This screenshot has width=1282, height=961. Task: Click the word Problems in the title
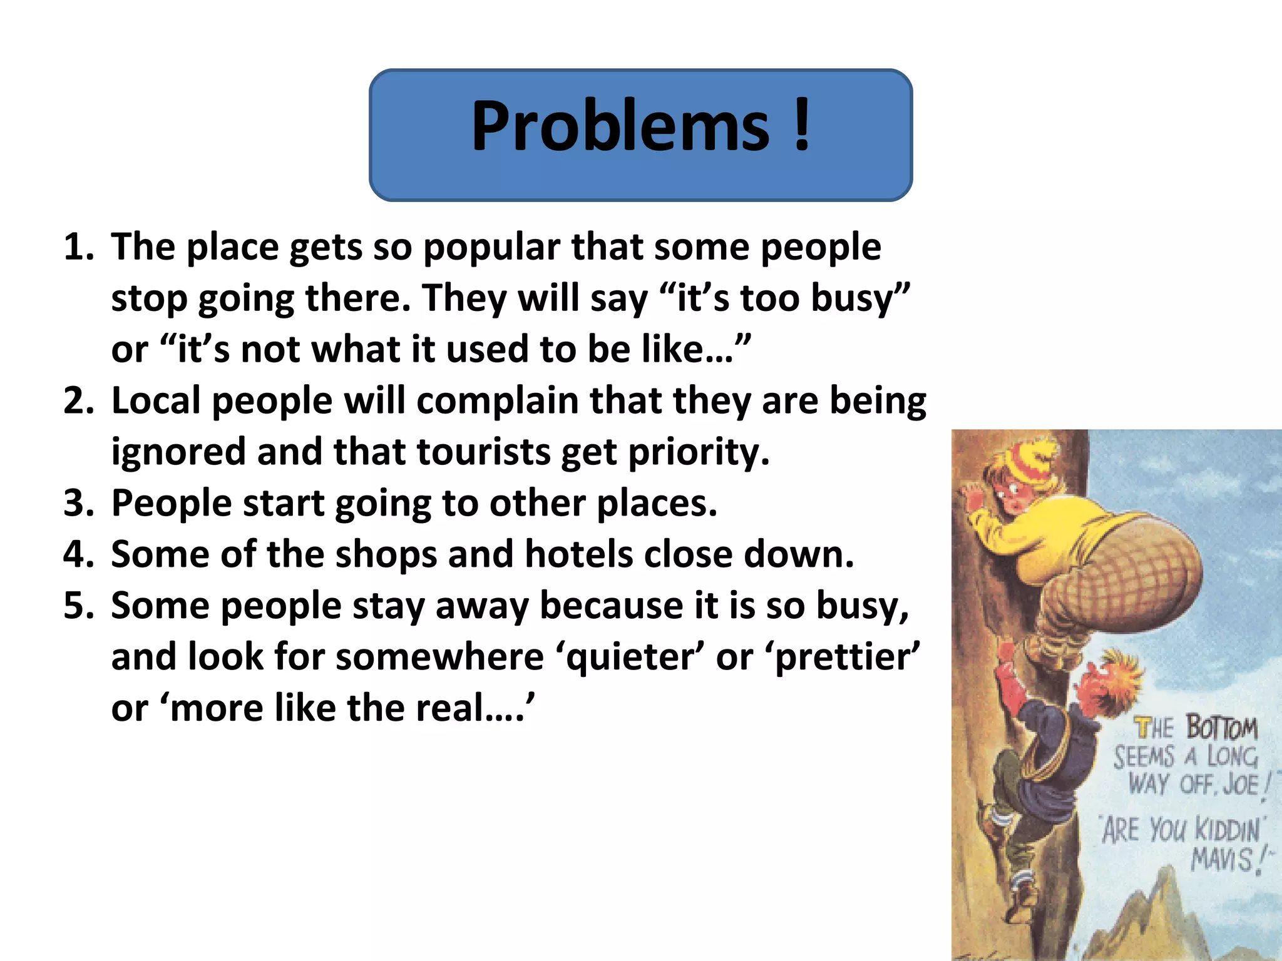(620, 127)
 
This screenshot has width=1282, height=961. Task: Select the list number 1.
(78, 247)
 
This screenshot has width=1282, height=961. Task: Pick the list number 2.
(78, 401)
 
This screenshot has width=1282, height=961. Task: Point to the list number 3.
(78, 504)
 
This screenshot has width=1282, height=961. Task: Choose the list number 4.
(78, 555)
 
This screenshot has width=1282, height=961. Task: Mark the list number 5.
(78, 606)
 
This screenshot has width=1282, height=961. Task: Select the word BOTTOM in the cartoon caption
(1221, 728)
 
